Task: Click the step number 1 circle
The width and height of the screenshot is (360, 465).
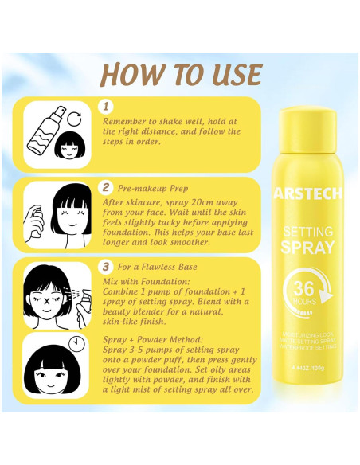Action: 108,106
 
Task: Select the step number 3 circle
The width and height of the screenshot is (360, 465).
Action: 108,265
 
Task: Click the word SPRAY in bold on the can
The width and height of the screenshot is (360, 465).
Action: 308,247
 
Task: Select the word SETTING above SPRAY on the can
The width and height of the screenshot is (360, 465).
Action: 308,232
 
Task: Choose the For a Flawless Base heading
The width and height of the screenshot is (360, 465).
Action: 157,266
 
